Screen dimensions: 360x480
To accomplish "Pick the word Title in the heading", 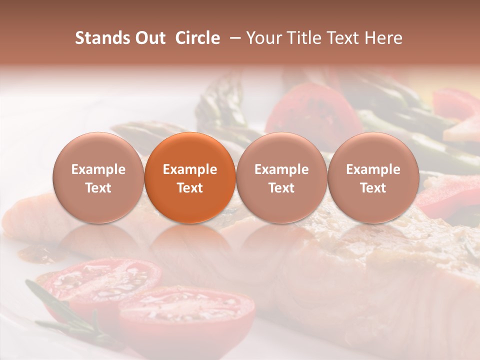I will (x=300, y=38).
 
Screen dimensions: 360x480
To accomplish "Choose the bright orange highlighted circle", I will (x=190, y=177).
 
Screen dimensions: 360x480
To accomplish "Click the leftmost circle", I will (x=98, y=177).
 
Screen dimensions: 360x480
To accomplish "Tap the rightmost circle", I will (x=373, y=177).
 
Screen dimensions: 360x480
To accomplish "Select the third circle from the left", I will (x=281, y=177).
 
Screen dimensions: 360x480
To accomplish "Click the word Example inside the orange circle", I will (x=190, y=169).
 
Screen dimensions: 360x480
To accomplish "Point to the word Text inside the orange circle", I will (x=190, y=188).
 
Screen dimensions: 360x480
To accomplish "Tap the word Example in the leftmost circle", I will (x=98, y=169).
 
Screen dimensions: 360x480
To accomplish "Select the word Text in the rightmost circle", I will (x=373, y=188).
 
